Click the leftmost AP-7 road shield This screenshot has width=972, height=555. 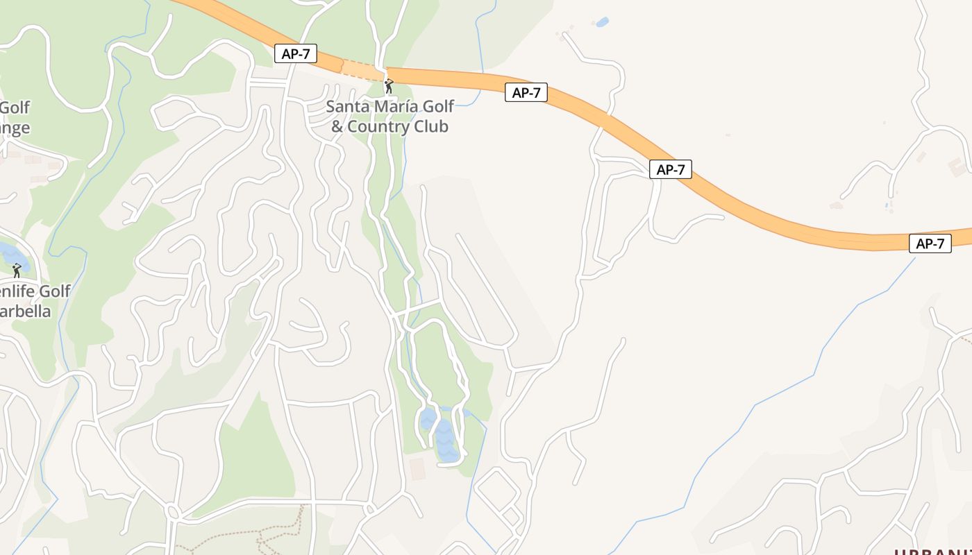click(296, 54)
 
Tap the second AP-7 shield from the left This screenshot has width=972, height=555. click(526, 92)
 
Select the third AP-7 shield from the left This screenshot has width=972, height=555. click(671, 169)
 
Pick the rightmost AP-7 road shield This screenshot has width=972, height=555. click(930, 244)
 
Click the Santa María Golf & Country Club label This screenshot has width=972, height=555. click(389, 117)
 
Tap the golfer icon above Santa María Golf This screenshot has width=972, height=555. click(389, 86)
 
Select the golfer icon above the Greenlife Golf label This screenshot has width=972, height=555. click(17, 271)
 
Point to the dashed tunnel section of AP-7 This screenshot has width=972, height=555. click(362, 69)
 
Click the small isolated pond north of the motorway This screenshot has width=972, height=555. click(602, 22)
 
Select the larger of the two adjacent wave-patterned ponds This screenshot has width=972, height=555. click(446, 442)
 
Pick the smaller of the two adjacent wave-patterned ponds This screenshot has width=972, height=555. click(428, 420)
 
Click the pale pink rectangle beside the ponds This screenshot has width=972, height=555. click(417, 468)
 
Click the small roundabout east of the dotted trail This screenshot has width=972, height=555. click(369, 509)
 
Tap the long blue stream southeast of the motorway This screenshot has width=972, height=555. click(785, 388)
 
